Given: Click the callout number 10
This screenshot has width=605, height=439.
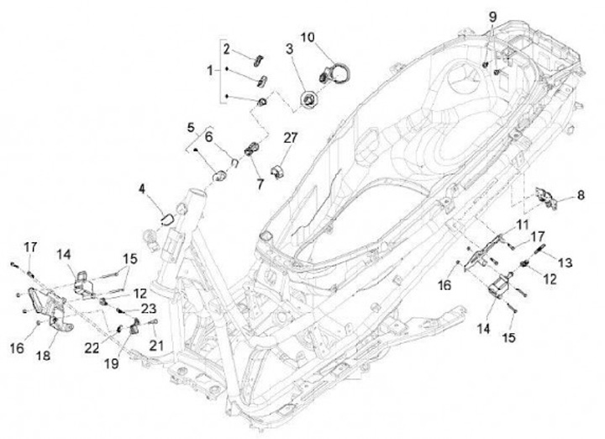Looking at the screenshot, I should click(x=308, y=37).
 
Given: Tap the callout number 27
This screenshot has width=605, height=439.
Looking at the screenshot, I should click(x=290, y=138).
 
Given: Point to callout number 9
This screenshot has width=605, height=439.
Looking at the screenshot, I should click(x=492, y=17).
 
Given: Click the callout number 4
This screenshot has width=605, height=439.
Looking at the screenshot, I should click(x=144, y=193).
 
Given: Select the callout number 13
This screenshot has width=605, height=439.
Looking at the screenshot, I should click(x=565, y=263).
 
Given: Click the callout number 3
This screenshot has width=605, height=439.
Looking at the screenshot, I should click(x=289, y=50).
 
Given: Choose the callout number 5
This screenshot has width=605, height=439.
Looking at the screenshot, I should click(x=191, y=128).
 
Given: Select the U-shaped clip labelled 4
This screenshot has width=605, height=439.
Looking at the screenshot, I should click(x=164, y=219).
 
